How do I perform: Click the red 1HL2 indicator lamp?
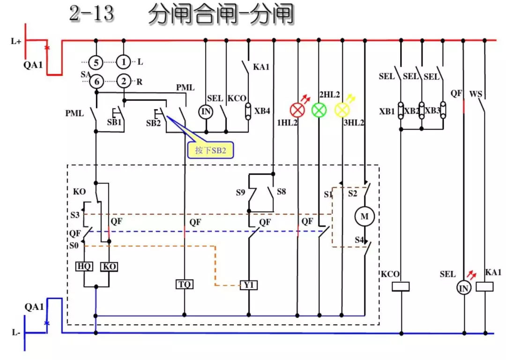297,110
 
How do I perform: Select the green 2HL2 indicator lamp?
319,110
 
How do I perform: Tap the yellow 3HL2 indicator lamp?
342,110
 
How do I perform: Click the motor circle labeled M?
364,216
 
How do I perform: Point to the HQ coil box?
84,266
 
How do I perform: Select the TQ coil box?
184,284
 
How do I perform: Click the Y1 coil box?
249,284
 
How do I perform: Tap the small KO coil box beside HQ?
109,266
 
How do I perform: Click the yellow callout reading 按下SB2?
210,150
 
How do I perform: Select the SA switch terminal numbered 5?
96,62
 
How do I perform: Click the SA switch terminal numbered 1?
124,62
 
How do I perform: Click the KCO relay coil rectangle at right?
401,286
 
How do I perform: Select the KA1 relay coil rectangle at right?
485,286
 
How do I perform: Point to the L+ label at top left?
16,41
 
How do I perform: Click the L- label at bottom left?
15,332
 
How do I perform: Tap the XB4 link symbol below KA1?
248,111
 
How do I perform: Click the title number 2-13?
91,14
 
